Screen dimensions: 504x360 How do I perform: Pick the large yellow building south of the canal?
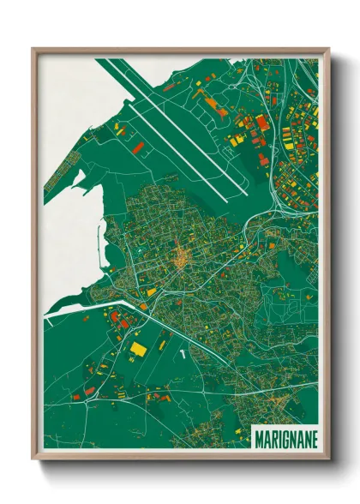click(x=137, y=349)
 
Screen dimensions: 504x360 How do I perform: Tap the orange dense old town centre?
click(x=181, y=257)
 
